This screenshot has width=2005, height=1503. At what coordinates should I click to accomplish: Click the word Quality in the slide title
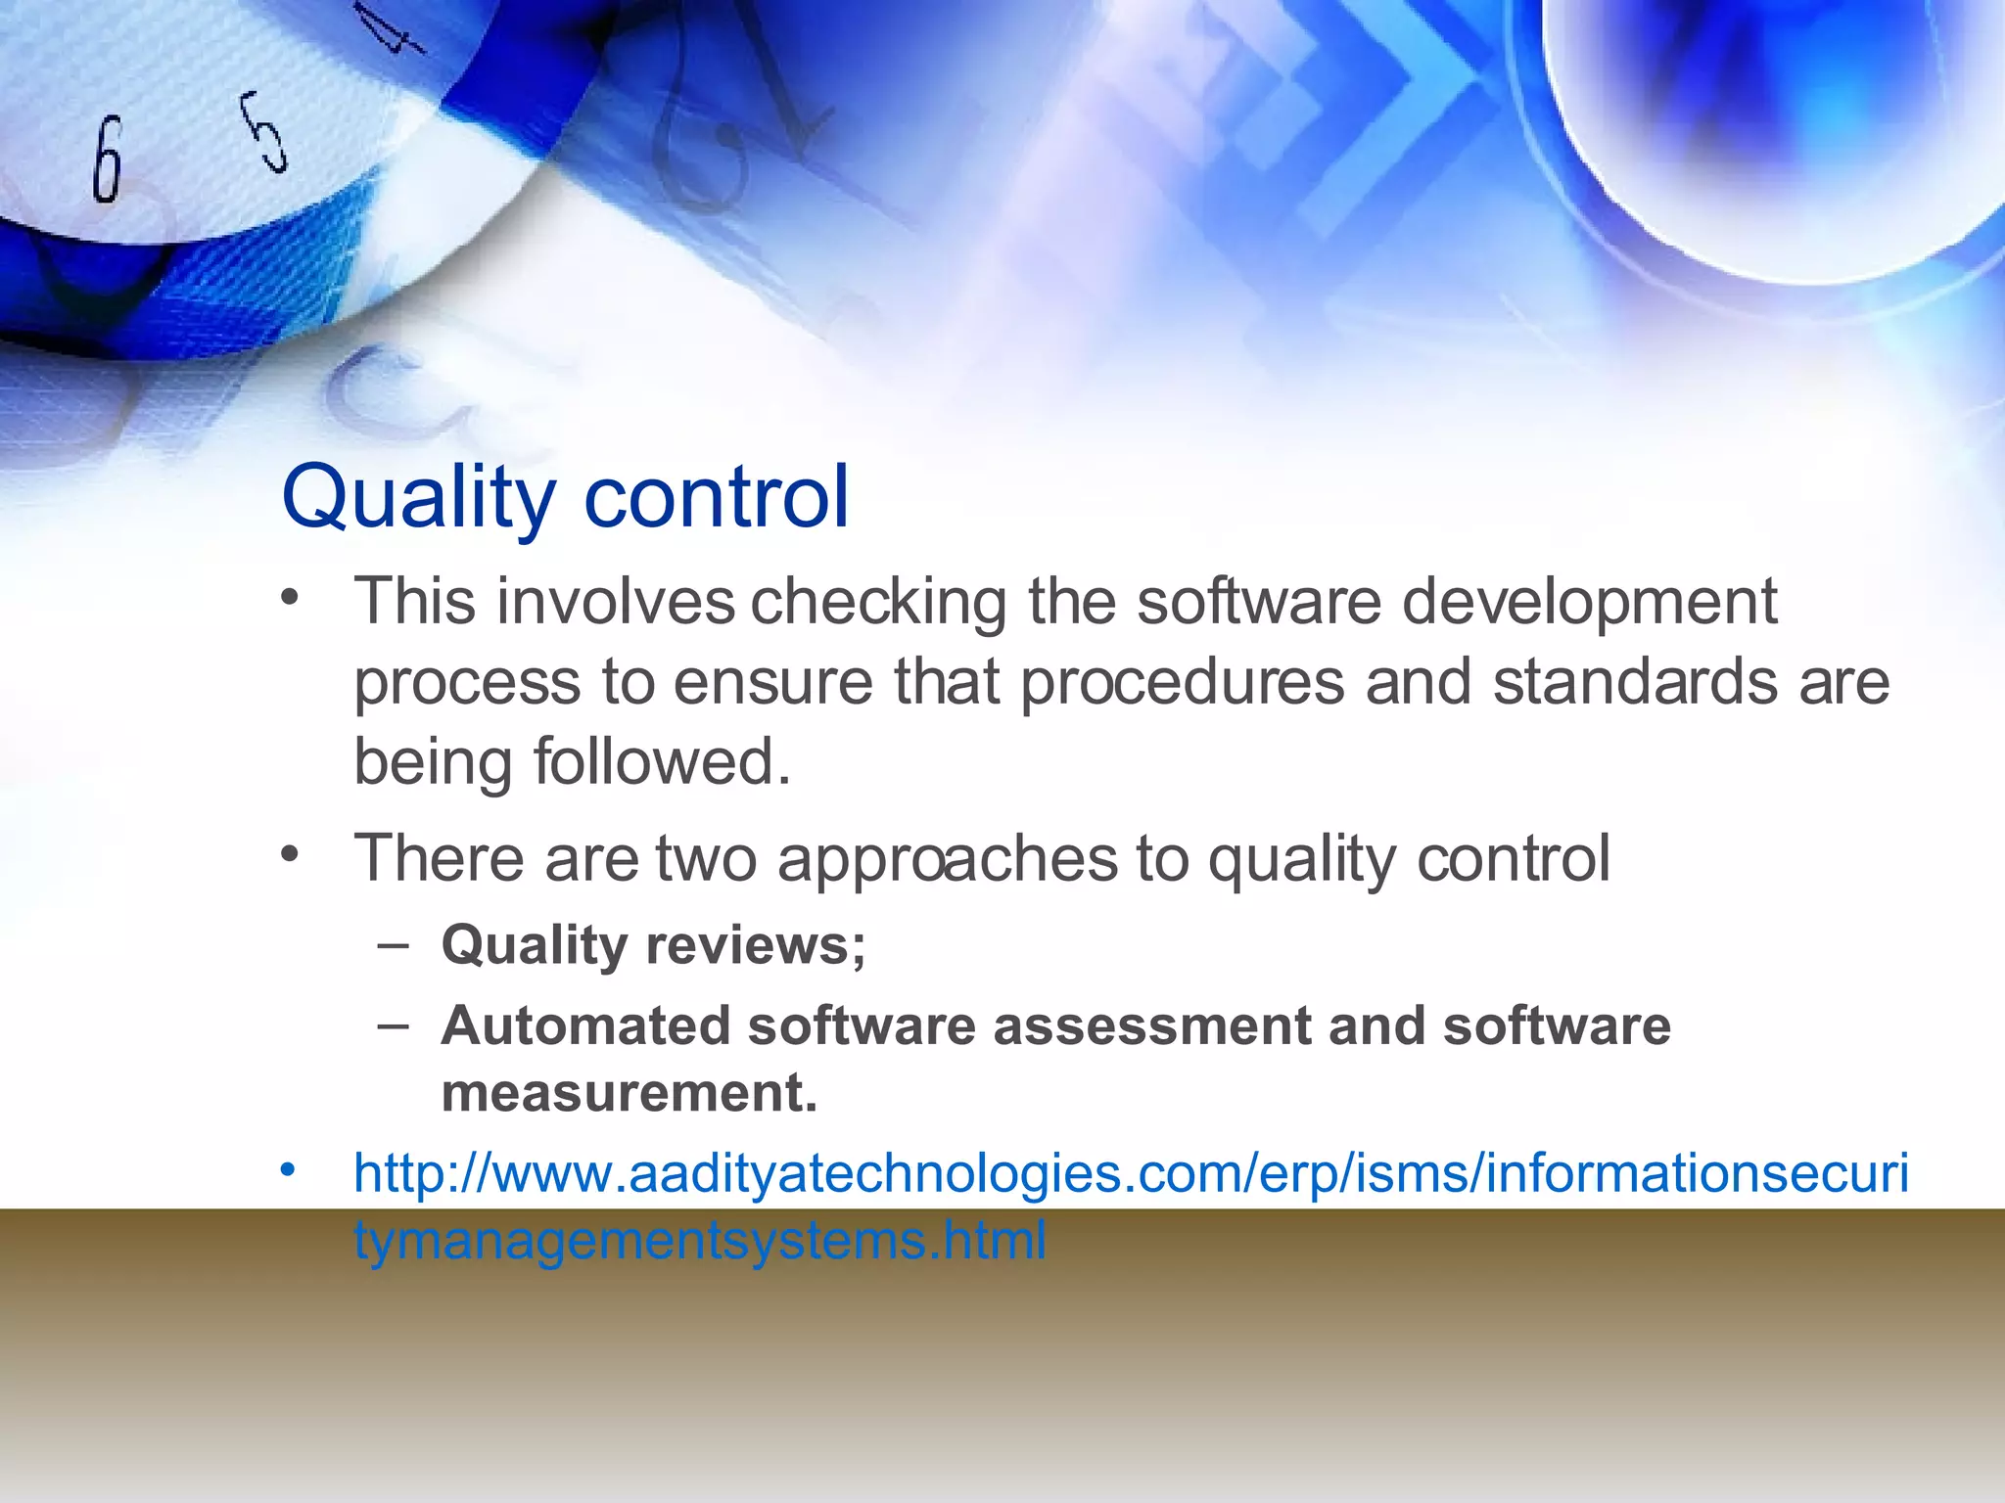click(x=418, y=499)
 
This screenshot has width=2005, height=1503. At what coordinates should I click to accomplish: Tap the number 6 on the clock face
click(x=108, y=159)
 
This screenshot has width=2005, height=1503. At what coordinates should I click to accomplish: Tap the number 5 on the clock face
click(x=265, y=132)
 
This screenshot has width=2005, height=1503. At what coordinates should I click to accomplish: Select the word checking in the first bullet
click(x=878, y=603)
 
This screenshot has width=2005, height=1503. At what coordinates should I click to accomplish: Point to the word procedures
click(x=1182, y=683)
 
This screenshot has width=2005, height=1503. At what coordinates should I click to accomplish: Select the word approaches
click(x=947, y=860)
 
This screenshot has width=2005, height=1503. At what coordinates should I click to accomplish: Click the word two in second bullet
click(x=706, y=859)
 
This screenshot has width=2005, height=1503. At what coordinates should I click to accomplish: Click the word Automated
click(x=585, y=1026)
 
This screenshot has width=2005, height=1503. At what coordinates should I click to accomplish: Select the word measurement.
click(x=629, y=1093)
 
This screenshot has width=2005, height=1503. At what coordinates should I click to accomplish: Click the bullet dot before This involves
click(x=287, y=597)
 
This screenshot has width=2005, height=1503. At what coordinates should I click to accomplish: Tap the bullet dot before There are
click(x=287, y=854)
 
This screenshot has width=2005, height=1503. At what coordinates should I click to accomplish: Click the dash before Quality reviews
click(x=393, y=945)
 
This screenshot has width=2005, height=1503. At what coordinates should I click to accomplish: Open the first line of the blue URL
click(x=1131, y=1173)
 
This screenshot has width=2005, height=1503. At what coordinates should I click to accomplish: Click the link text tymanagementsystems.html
click(x=700, y=1241)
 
